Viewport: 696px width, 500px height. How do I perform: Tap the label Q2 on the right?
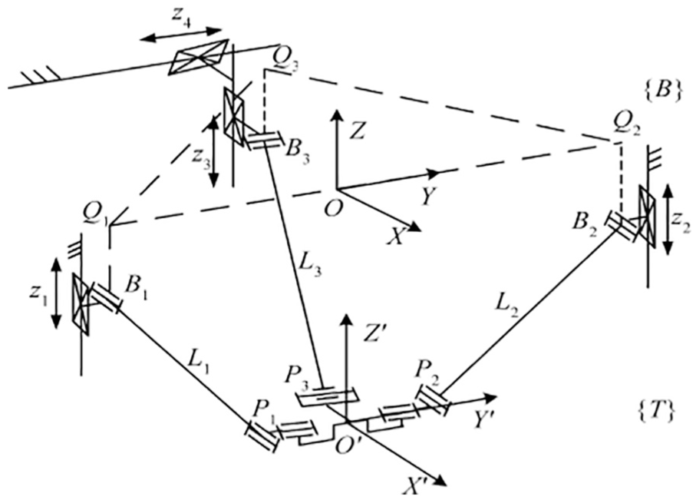pos(625,126)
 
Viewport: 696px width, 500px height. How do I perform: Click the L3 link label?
pos(311,265)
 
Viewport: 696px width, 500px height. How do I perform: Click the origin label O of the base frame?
pos(333,207)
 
